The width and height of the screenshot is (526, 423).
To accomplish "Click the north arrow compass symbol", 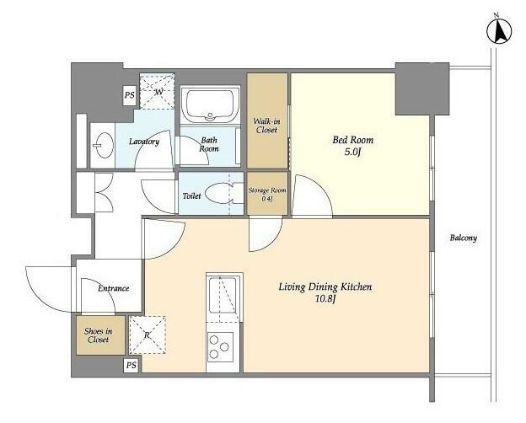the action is (x=499, y=32).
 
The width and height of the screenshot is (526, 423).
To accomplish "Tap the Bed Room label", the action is (x=352, y=140).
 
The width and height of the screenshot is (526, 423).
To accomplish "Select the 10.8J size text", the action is (x=325, y=299).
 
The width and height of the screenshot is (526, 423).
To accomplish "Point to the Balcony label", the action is (x=464, y=238).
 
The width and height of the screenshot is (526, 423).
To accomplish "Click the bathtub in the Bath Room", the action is (x=210, y=104).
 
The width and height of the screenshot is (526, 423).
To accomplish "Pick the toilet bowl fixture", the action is (x=220, y=193).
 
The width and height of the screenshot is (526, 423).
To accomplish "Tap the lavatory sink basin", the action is (x=103, y=145).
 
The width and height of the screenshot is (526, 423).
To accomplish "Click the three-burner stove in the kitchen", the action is (x=220, y=347).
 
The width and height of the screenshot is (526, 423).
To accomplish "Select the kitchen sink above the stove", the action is (x=223, y=295).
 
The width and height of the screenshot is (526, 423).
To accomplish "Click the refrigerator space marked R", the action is (x=148, y=335).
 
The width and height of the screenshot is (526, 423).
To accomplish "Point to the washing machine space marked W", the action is (x=158, y=91).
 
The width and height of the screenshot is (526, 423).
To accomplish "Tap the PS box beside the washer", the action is (x=129, y=95).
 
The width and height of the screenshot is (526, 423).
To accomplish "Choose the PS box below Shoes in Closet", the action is (x=131, y=365).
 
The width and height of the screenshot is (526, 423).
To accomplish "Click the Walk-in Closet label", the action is (x=266, y=126).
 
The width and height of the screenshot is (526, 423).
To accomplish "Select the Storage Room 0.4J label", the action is (x=267, y=195).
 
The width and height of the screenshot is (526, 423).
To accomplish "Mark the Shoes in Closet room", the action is (x=100, y=335).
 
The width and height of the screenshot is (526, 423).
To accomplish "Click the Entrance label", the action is (x=114, y=288).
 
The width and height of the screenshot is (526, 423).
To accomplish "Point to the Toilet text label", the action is (x=191, y=195).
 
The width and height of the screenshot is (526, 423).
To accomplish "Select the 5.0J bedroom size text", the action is (x=352, y=153).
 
